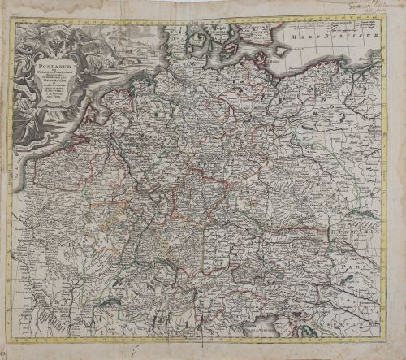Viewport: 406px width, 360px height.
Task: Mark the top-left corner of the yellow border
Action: [x=11, y=21]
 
